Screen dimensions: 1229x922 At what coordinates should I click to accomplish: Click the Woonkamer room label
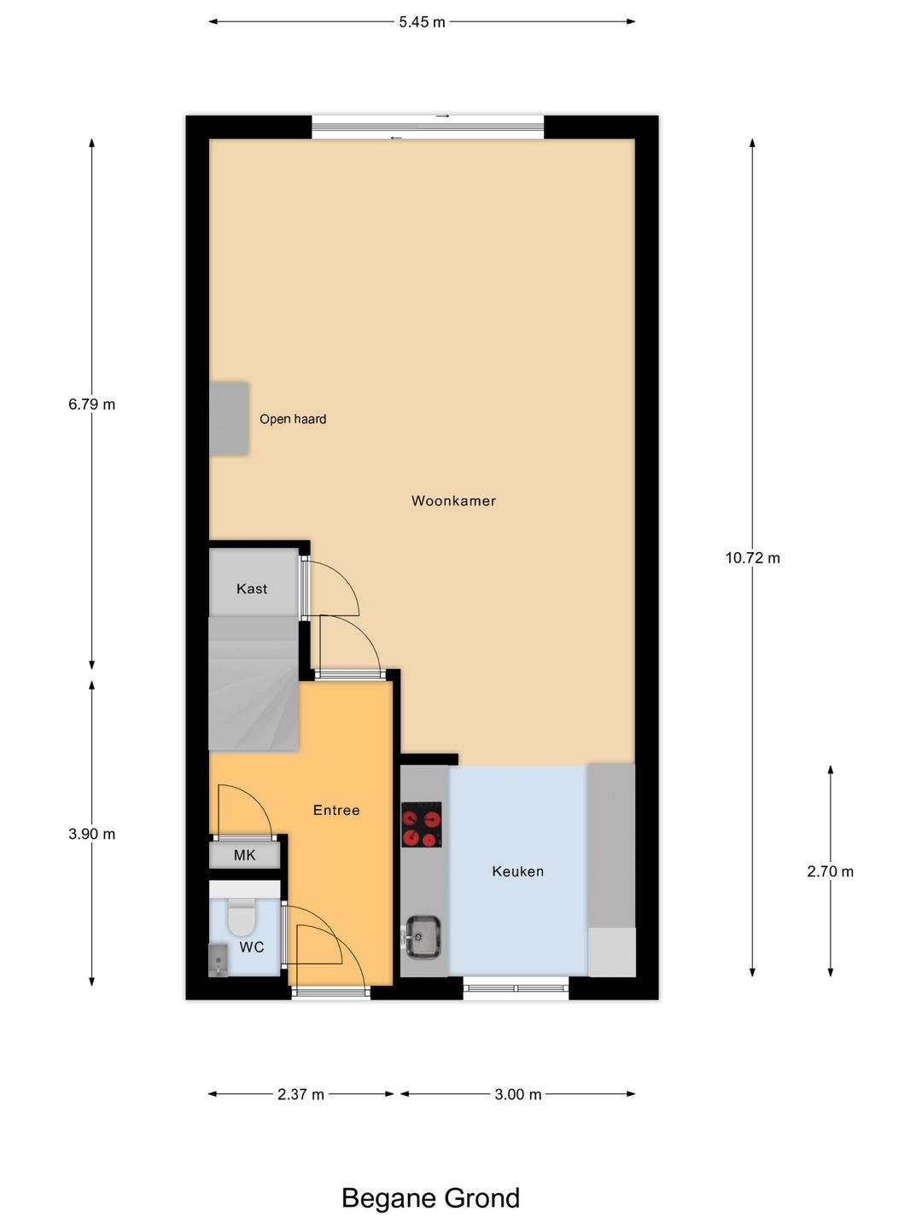tap(453, 501)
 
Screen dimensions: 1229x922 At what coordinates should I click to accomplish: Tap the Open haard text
tap(293, 419)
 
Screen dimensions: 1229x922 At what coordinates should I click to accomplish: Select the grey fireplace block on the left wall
tap(229, 418)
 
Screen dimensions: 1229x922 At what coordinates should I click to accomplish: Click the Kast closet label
tap(252, 589)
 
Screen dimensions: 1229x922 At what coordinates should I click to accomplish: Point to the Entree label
tap(336, 810)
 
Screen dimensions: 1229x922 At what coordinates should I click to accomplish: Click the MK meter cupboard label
tap(245, 855)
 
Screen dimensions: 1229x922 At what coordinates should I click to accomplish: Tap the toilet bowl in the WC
tap(242, 918)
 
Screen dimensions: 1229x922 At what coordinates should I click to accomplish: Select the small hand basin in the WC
tap(219, 960)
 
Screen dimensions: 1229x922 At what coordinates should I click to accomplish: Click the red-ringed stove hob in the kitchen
tap(422, 824)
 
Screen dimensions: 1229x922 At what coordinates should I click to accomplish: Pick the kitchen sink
tap(423, 936)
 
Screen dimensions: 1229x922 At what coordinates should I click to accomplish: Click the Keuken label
tap(517, 871)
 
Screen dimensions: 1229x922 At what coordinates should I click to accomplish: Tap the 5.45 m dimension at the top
tap(422, 22)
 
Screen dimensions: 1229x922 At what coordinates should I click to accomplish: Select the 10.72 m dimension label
tap(752, 558)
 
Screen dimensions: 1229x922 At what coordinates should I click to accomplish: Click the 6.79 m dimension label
tap(92, 405)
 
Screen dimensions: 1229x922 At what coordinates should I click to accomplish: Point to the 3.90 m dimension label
tap(92, 834)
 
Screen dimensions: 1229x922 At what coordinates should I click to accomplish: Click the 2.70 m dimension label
tap(830, 871)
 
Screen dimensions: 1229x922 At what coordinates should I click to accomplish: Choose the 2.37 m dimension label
tap(301, 1094)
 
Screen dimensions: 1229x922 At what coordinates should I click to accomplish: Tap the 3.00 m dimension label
tap(518, 1094)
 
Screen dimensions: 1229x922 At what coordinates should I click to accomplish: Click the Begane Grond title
tap(430, 1198)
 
